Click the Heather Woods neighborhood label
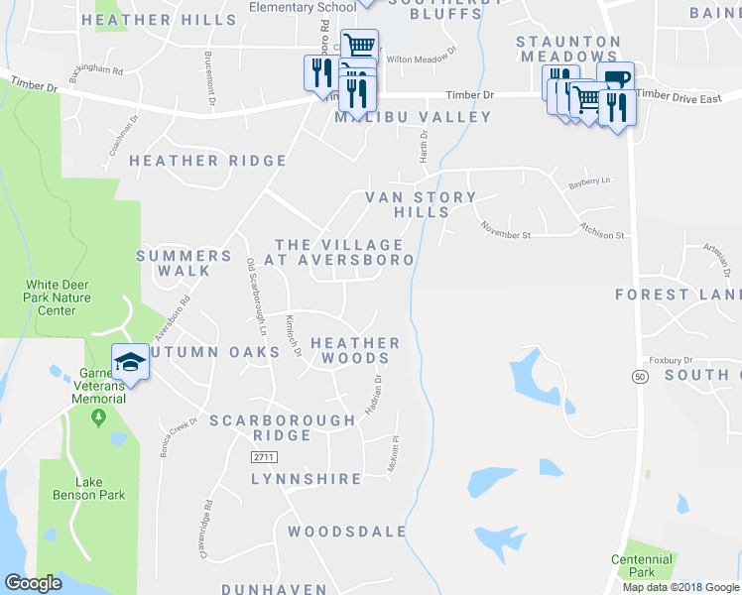click(355, 350)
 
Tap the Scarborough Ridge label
click(282, 427)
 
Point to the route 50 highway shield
click(639, 377)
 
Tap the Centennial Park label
click(641, 565)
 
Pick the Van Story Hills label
click(422, 204)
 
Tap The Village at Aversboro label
click(344, 252)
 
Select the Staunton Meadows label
click(567, 50)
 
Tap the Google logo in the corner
click(34, 584)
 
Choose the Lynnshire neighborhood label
click(307, 479)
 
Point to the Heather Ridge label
click(208, 161)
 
